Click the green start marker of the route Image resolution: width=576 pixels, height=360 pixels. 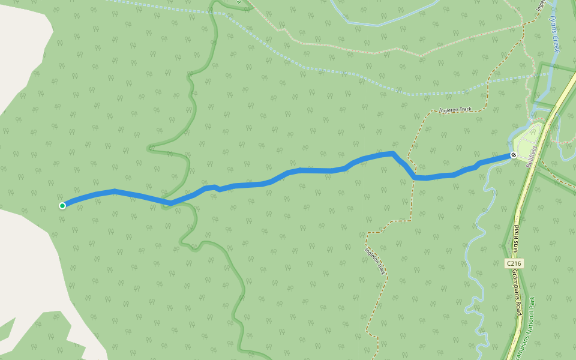pyautogui.click(x=62, y=206)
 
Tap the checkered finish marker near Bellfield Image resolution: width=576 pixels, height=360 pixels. pyautogui.click(x=513, y=155)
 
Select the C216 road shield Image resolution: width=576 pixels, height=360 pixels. pyautogui.click(x=514, y=263)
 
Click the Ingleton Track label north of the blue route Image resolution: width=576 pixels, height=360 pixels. pyautogui.click(x=456, y=110)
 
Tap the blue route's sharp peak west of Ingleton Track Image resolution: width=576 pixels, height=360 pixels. pyautogui.click(x=393, y=154)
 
